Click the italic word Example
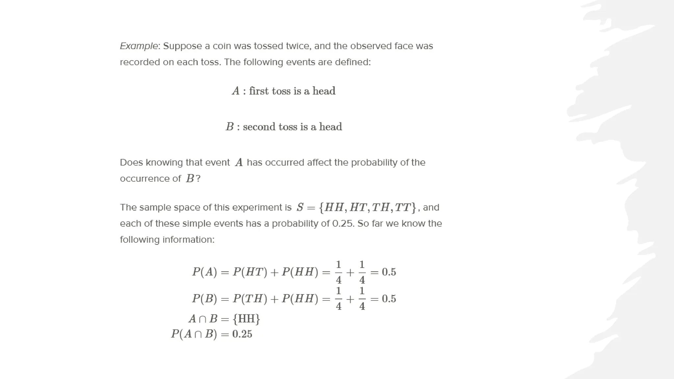coord(139,46)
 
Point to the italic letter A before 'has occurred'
coord(239,163)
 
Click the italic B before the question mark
coord(190,179)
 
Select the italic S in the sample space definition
coord(300,207)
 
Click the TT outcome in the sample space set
coord(403,207)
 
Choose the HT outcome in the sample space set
coord(358,207)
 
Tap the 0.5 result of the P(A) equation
coord(389,272)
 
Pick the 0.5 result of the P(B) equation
coord(389,299)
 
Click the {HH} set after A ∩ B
coord(246,318)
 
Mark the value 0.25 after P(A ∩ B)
coord(242,334)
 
